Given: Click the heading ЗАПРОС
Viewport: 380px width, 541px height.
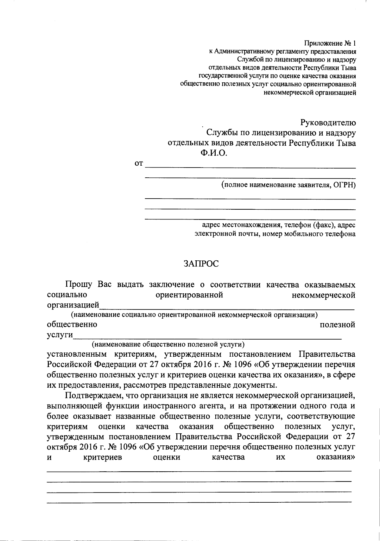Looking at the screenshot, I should tap(201, 264).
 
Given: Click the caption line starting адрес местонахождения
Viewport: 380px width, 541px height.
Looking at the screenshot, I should tap(279, 225).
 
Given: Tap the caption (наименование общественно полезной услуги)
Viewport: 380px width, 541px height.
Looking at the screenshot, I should tap(168, 344).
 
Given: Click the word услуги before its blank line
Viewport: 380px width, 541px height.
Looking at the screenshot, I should tap(60, 335).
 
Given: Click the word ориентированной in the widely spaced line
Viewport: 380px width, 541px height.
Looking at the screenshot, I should tap(190, 295).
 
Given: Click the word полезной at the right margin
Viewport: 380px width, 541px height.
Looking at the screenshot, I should tap(337, 325).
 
